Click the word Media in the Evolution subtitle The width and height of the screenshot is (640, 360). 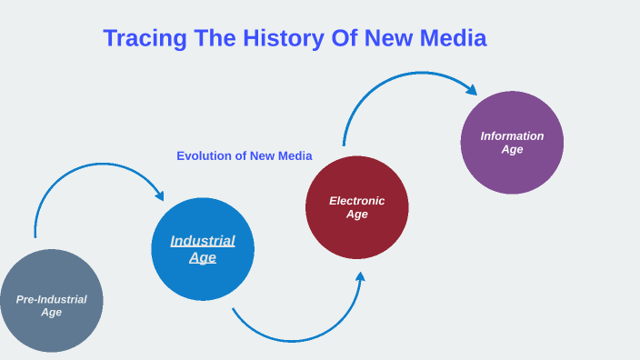294,155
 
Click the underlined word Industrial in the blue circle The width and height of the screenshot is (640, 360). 203,241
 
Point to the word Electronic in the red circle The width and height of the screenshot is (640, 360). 357,201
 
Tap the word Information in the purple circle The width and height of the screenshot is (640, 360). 512,136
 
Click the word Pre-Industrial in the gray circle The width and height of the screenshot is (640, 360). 52,299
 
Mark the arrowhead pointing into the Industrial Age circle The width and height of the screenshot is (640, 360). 160,195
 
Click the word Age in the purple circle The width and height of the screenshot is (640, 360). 512,149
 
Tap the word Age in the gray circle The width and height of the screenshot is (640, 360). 52,313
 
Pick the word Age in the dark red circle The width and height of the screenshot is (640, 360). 357,215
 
